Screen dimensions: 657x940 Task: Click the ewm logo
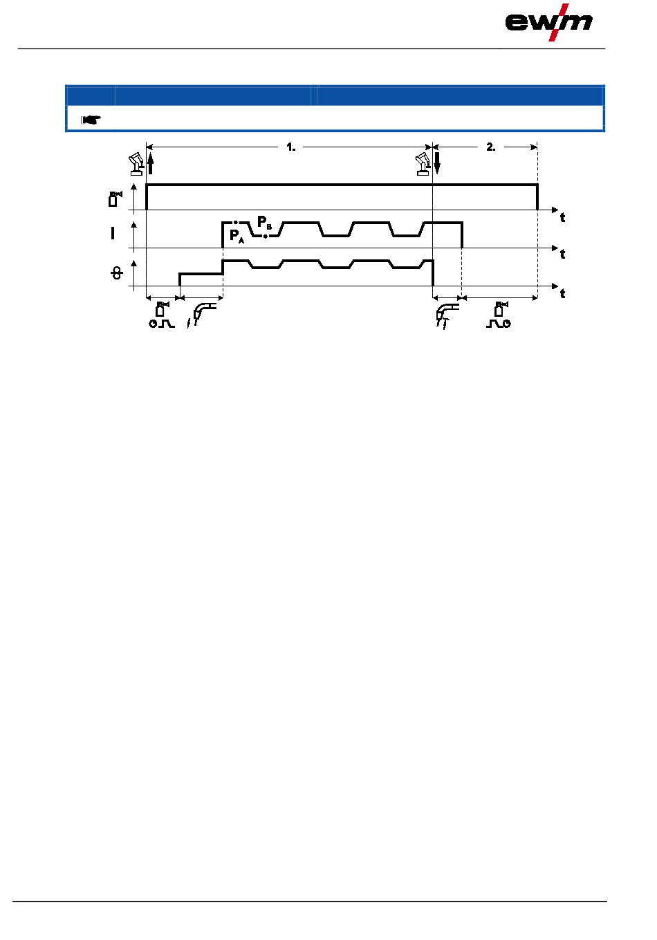tap(548, 23)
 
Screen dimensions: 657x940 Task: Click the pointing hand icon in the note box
tap(91, 120)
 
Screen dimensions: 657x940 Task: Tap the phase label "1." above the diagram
tap(290, 147)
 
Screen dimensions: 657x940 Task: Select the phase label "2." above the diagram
tap(491, 147)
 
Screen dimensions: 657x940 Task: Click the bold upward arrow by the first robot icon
tap(151, 164)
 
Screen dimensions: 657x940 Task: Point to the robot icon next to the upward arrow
tap(136, 165)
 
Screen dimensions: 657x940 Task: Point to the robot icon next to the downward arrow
tap(423, 165)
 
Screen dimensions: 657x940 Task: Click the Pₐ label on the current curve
tap(237, 237)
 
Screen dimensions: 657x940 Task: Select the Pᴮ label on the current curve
tap(264, 222)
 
